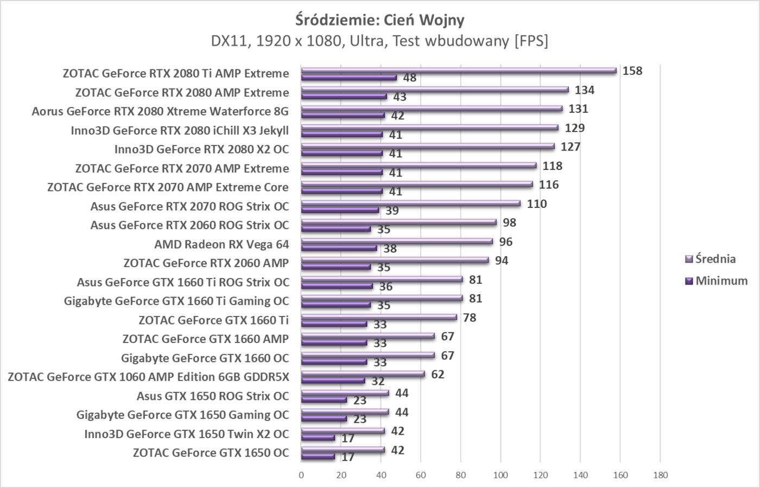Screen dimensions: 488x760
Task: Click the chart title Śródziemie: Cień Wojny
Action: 379,20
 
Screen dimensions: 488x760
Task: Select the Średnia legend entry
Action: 715,259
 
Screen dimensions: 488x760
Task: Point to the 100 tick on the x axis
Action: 501,475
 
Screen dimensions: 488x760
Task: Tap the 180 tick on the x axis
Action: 660,475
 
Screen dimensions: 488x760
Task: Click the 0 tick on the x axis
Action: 301,475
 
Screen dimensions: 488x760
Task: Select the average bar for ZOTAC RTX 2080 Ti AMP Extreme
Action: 459,71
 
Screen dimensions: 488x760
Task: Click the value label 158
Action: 632,71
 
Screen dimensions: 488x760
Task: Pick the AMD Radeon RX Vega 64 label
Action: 221,244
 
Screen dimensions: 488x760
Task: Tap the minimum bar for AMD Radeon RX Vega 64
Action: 339,248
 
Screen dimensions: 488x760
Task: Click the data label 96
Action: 506,242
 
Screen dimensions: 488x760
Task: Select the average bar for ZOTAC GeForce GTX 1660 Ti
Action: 379,317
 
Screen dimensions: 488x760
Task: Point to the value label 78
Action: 470,318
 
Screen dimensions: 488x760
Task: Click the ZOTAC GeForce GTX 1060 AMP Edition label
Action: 148,377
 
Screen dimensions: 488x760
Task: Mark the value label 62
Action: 438,375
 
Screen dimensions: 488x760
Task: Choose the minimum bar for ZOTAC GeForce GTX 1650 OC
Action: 318,457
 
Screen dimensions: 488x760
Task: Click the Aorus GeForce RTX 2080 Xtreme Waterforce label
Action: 160,111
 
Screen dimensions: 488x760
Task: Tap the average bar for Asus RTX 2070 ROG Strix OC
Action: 410,204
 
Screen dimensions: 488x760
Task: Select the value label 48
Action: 410,78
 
